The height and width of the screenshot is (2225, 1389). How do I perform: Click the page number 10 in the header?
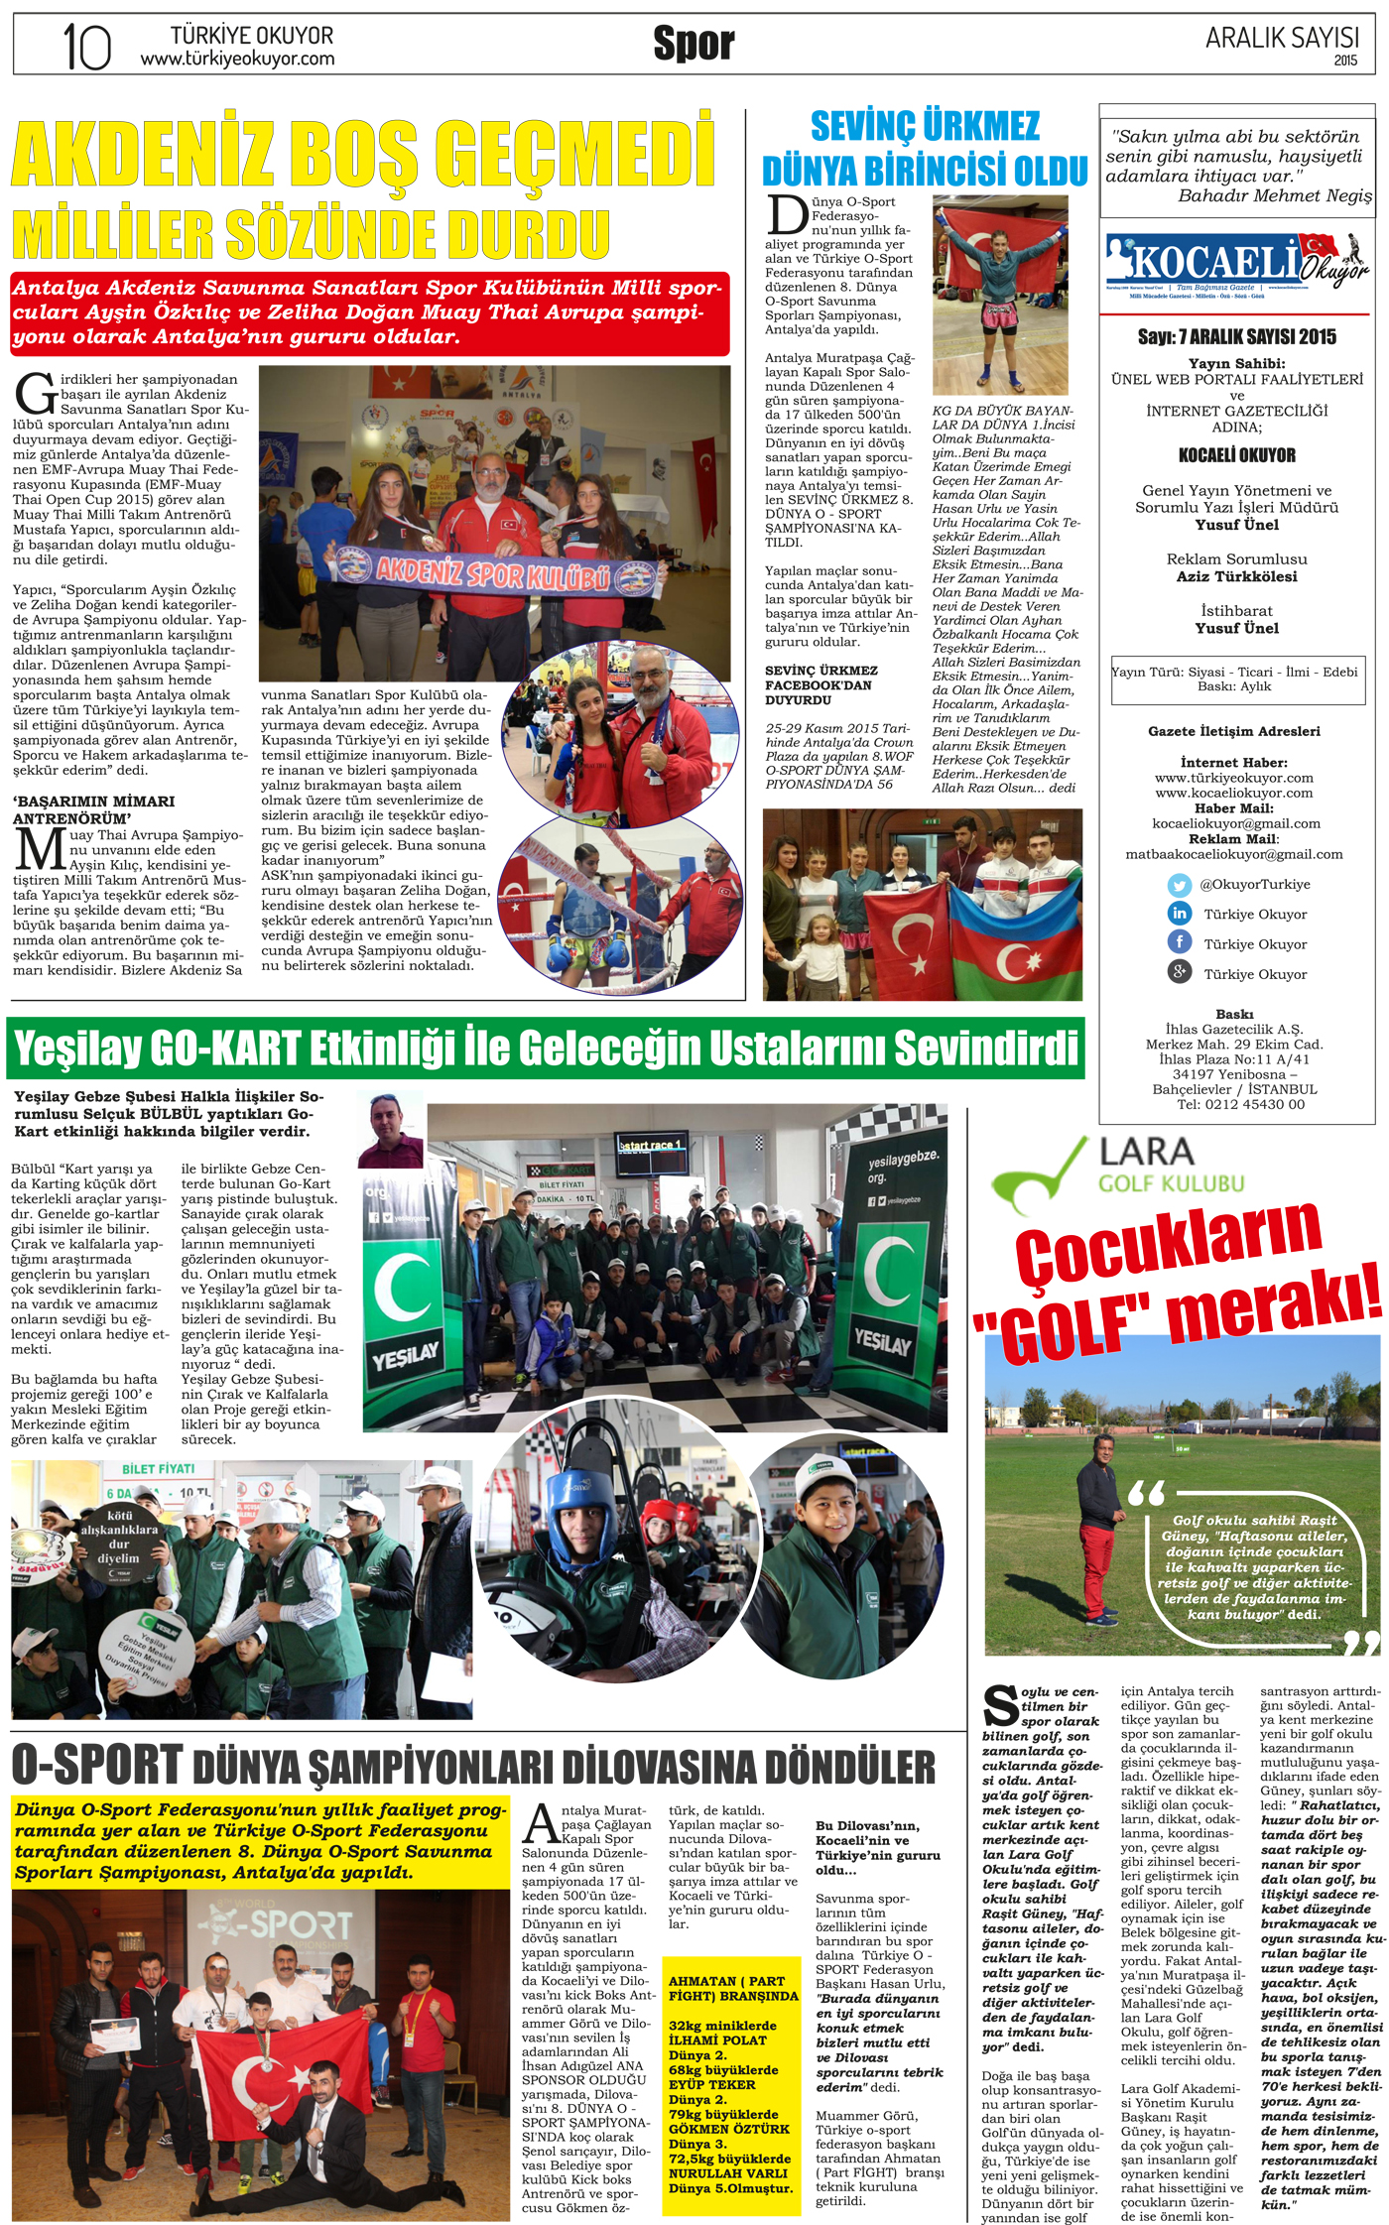click(x=86, y=46)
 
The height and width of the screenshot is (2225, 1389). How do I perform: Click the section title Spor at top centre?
click(x=694, y=44)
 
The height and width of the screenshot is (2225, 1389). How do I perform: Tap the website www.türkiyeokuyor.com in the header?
click(x=237, y=60)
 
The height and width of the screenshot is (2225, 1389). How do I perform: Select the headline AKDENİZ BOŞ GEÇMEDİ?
click(x=363, y=154)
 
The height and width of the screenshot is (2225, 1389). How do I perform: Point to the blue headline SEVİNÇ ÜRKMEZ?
click(x=925, y=127)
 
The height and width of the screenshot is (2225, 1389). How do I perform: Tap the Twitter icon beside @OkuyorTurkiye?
click(x=1179, y=885)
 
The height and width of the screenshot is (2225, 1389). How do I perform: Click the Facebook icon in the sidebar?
click(x=1179, y=943)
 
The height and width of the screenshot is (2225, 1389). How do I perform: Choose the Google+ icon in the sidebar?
click(x=1179, y=973)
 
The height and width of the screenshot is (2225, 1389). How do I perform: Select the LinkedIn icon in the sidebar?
click(x=1179, y=914)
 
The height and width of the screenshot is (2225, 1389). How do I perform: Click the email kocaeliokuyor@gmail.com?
click(x=1235, y=823)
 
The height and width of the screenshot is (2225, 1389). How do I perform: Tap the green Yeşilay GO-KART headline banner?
click(x=546, y=1049)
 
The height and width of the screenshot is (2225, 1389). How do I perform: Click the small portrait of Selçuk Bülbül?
click(x=390, y=1130)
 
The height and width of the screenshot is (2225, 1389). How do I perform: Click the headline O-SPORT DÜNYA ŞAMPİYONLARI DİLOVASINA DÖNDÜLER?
click(x=473, y=1767)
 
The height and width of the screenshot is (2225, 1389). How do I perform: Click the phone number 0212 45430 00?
click(x=1254, y=1104)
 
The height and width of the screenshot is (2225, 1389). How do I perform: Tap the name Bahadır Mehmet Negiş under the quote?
click(x=1274, y=196)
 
